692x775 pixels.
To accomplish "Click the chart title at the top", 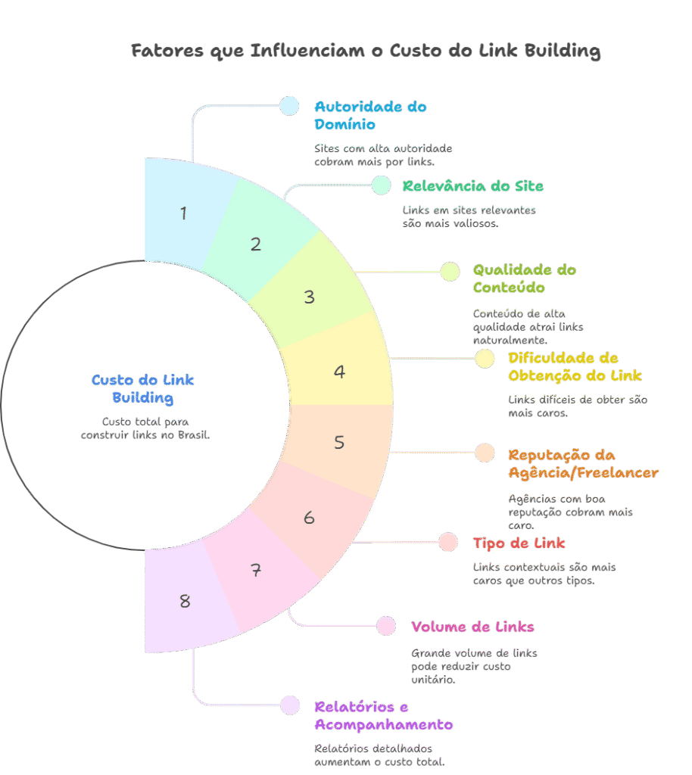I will point(366,51).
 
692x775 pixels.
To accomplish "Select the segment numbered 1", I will point(184,213).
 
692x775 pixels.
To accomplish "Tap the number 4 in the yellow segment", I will point(340,372).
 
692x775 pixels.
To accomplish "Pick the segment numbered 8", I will point(185,602).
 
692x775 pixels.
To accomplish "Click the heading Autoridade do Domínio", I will point(370,115).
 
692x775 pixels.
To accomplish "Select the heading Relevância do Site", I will point(472,186).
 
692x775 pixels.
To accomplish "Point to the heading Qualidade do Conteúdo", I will point(524,279).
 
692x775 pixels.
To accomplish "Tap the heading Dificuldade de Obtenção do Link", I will point(575,366).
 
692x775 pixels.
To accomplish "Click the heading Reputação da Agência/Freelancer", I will point(583,464).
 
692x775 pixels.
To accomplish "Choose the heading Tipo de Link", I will point(519,543).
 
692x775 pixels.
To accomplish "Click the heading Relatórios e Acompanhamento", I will point(383,715).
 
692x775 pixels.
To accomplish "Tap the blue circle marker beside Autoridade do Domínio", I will point(289,106).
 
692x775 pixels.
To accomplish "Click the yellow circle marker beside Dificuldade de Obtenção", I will point(485,359).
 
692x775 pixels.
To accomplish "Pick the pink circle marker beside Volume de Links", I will point(386,626).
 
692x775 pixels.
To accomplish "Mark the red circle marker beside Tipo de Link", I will point(448,542).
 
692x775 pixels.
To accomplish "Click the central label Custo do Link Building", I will point(143,388).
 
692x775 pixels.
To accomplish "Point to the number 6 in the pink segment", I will point(309,518).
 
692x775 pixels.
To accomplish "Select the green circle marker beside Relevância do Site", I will point(381,185).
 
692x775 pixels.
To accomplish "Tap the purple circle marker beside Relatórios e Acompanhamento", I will point(289,705).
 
